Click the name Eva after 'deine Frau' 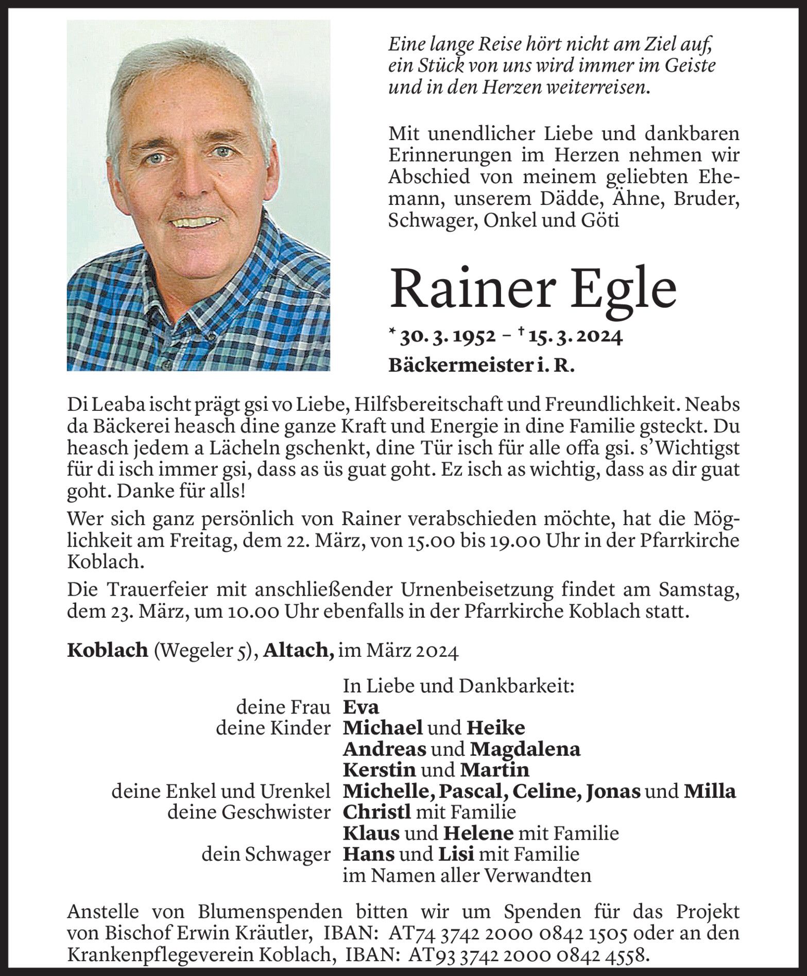click(x=360, y=707)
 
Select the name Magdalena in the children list click(x=525, y=749)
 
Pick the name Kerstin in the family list click(x=379, y=770)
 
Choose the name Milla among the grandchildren click(x=709, y=791)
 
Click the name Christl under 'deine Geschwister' click(x=376, y=812)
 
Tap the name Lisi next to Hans click(x=456, y=854)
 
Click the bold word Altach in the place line click(x=297, y=651)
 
